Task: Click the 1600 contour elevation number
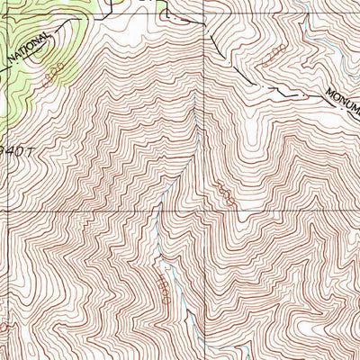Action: click(225, 195)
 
